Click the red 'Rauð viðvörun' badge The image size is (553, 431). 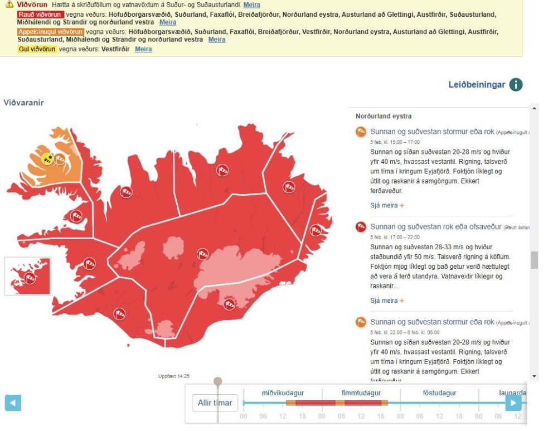(40, 14)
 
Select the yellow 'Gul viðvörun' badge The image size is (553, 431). (37, 49)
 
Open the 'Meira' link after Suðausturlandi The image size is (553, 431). (251, 5)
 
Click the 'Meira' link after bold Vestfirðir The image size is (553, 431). (143, 49)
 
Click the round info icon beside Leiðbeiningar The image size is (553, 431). (516, 85)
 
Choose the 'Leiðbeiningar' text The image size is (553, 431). (477, 85)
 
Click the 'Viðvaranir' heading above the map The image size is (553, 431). (23, 103)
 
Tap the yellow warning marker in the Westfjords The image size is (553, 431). (47, 159)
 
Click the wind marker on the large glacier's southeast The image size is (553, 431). (229, 304)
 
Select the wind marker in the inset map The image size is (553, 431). (30, 278)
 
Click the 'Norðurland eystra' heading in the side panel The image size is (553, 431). (384, 117)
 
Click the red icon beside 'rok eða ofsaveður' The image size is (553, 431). (361, 227)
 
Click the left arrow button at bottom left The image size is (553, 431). (13, 403)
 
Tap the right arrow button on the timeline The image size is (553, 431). (513, 403)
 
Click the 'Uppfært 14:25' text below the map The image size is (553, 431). (173, 376)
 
